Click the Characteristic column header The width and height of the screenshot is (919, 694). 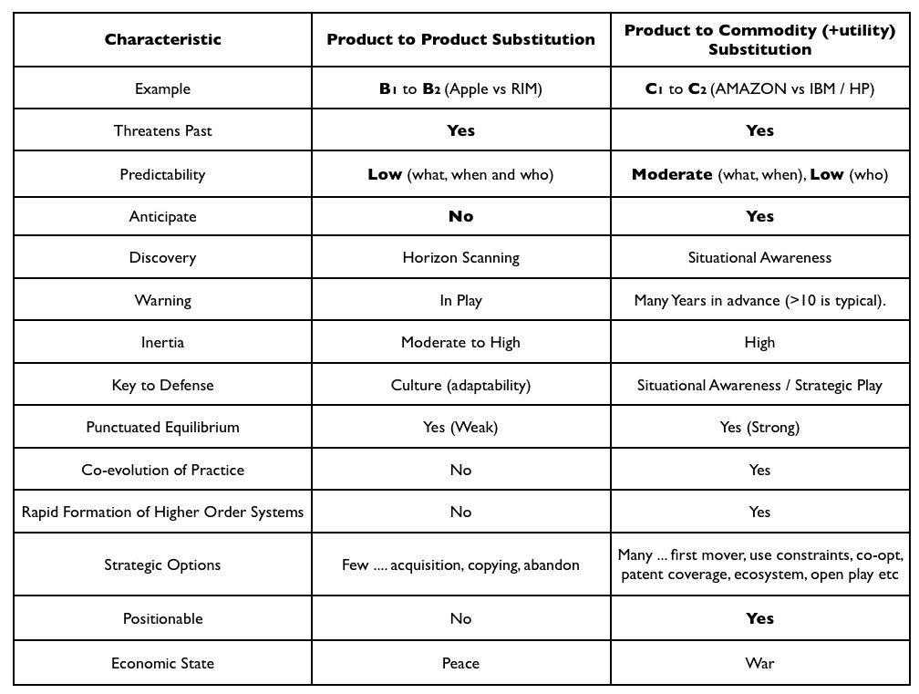(163, 39)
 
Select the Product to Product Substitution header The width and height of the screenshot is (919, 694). (460, 39)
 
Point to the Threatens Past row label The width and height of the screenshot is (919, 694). (163, 130)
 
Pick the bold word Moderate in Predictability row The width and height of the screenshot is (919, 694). (672, 174)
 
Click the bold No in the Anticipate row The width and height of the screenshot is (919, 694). (460, 216)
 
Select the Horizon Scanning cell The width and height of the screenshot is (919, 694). (460, 258)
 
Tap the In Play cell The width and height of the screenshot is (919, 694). (460, 301)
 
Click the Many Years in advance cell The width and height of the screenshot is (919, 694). (759, 301)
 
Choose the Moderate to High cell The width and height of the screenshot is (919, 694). (460, 342)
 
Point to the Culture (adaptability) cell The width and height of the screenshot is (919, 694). (460, 385)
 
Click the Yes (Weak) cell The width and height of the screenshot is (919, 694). (460, 428)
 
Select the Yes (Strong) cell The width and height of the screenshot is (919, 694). (759, 428)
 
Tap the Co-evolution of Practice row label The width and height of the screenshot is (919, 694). (163, 470)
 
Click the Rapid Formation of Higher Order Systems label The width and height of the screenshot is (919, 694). (163, 513)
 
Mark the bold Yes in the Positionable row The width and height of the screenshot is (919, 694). (759, 618)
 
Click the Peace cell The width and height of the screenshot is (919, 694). (460, 663)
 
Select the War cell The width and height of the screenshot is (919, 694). (759, 663)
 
